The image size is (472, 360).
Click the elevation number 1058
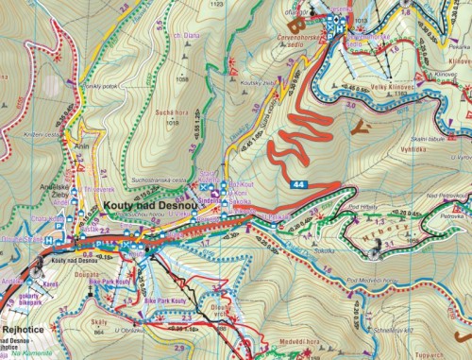point(184,79)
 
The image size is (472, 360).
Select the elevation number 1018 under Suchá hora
point(172,122)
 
